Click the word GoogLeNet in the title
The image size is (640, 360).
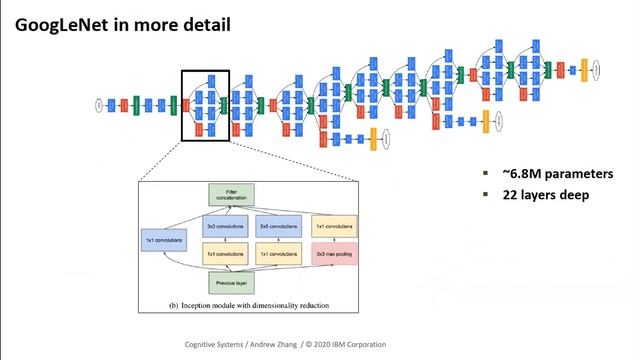pos(63,22)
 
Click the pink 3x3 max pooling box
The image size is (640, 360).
pos(332,255)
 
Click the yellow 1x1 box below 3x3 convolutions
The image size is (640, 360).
pos(225,255)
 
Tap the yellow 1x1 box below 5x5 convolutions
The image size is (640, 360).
pos(278,255)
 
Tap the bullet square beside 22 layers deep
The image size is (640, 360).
pos(486,195)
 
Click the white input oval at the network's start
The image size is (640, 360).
pos(99,104)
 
